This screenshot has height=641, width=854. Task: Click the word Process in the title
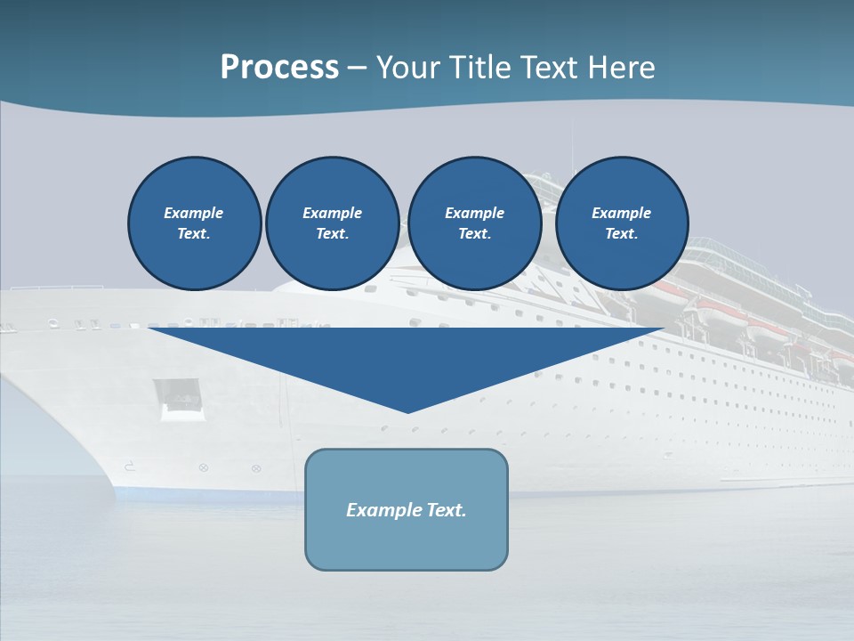(279, 68)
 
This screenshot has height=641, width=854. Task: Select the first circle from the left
(195, 223)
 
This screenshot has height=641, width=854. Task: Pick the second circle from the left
(333, 223)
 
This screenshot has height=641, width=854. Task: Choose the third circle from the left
(474, 223)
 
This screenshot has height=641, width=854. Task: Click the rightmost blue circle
(622, 223)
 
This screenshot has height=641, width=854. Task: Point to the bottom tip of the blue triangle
(408, 411)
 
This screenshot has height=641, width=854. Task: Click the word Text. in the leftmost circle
(194, 234)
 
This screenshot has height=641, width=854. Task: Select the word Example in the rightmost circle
(621, 213)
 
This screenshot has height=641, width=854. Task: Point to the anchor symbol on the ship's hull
(129, 466)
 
